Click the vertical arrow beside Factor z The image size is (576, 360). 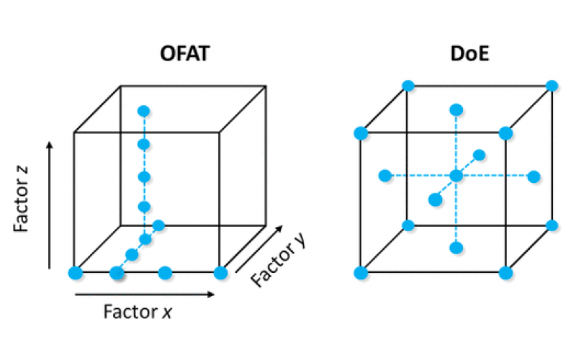click(49, 205)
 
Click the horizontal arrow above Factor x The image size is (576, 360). click(144, 294)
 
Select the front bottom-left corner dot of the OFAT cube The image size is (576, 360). click(75, 273)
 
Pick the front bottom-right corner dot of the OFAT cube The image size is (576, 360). click(220, 273)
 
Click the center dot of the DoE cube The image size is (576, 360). click(456, 176)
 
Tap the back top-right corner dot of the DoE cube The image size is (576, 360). click(552, 86)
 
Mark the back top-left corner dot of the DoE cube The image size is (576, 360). click(408, 86)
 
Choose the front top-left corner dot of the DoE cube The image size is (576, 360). click(361, 133)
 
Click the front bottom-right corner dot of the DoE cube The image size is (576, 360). click(505, 273)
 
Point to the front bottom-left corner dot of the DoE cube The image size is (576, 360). click(361, 273)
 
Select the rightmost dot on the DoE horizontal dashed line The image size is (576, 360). click(534, 176)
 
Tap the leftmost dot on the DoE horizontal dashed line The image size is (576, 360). click(385, 176)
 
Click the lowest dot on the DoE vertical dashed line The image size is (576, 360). click(456, 248)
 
